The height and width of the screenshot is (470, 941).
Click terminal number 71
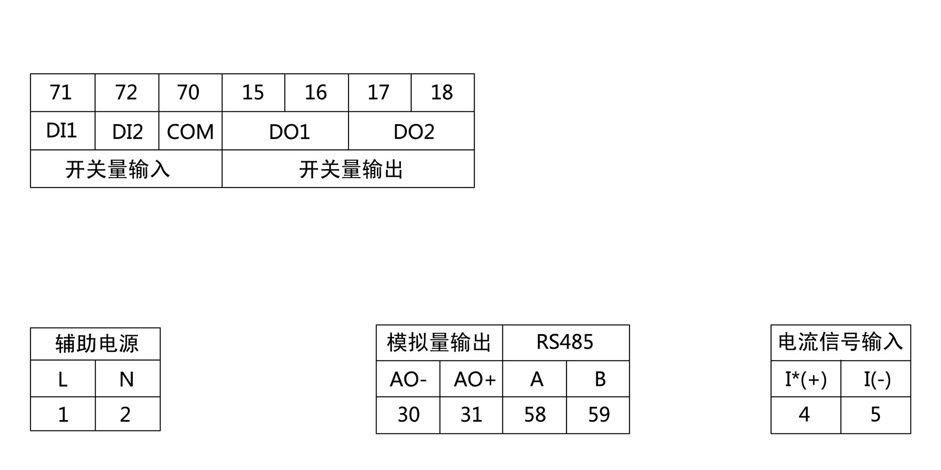coord(61,93)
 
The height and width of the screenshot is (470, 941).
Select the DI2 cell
coord(127,132)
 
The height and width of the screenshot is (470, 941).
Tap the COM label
coord(190,132)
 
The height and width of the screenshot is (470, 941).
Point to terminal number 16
coord(316,93)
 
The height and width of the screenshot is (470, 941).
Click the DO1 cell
coord(289,132)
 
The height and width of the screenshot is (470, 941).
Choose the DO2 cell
coord(414,132)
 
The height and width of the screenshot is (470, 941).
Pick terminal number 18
coord(442,93)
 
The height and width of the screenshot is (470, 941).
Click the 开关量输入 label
coord(118,169)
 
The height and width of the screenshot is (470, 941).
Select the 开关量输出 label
coord(351,169)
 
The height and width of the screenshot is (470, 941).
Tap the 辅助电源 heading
coord(96,344)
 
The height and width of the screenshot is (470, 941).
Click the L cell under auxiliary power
coord(63,379)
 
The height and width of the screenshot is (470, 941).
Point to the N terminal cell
coord(127,379)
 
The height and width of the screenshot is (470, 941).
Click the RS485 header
coord(565,342)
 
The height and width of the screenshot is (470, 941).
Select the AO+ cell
coord(474,379)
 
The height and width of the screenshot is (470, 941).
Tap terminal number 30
coord(408,415)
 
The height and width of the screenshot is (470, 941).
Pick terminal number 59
coord(599,415)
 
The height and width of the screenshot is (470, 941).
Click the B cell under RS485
coord(600,379)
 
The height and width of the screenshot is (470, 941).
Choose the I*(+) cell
coord(805,379)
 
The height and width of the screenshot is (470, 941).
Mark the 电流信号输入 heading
coord(840,342)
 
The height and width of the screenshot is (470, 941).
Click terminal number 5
coord(875,415)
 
